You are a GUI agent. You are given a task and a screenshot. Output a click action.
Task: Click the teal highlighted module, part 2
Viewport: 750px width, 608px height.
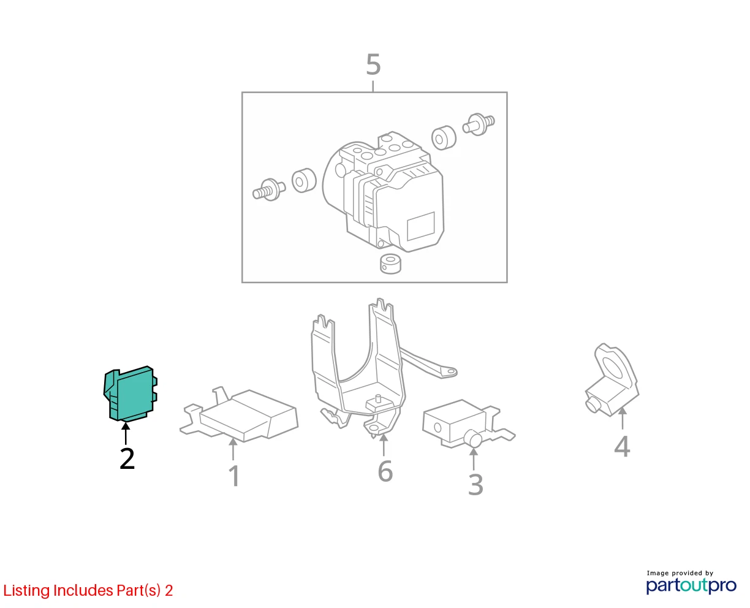pos(131,394)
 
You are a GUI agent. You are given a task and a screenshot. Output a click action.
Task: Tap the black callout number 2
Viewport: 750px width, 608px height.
pos(127,458)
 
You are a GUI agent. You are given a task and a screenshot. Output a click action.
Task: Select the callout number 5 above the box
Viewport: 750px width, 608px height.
pos(373,64)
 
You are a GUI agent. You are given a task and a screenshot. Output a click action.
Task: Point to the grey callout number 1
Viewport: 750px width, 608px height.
pos(235,476)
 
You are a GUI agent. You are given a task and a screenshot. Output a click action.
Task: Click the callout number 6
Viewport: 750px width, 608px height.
pos(385,471)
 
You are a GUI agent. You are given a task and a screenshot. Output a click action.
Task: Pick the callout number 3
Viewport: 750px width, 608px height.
pos(475,484)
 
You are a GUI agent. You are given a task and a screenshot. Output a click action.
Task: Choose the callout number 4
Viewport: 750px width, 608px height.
pos(622,446)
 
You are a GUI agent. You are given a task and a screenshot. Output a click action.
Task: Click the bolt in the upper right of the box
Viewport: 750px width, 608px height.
pos(479,124)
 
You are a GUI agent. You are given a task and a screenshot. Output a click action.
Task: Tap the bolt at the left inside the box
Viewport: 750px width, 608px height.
pos(269,189)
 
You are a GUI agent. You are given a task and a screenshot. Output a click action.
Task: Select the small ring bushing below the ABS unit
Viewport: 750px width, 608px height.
pos(390,264)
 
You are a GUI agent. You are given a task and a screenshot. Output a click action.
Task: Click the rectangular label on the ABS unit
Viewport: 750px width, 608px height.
pos(421,226)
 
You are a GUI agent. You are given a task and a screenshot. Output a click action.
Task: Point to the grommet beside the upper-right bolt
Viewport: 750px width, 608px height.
pos(444,138)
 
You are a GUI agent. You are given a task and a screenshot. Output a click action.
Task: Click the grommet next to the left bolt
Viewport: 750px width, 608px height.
pos(304,180)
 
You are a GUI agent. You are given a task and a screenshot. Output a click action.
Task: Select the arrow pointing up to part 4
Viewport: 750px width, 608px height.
pos(623,418)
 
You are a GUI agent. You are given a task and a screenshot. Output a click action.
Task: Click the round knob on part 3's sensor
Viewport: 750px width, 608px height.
pos(473,439)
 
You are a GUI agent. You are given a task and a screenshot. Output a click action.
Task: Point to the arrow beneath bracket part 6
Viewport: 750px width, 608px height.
pos(384,445)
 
